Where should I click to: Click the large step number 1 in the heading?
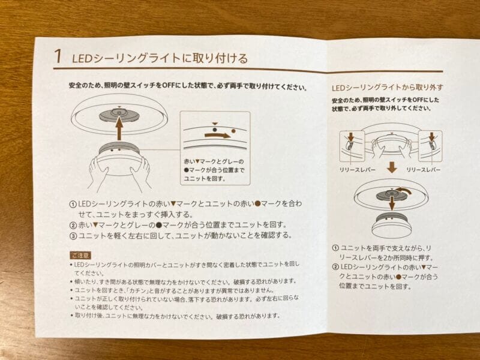[58, 56]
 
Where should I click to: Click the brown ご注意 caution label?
[80, 255]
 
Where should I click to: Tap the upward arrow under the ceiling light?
[119, 128]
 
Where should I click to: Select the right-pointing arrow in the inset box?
[218, 135]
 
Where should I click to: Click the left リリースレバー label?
[358, 170]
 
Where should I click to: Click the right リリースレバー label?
[424, 170]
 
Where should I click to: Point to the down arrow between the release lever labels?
[392, 168]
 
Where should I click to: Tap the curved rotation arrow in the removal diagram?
[404, 191]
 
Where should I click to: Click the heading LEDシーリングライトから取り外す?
[388, 88]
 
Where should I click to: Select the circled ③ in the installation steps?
[73, 236]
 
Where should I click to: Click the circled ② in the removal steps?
[335, 267]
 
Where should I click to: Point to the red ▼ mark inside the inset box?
[215, 124]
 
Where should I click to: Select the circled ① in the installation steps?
[73, 204]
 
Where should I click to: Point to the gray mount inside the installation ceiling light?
[119, 114]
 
